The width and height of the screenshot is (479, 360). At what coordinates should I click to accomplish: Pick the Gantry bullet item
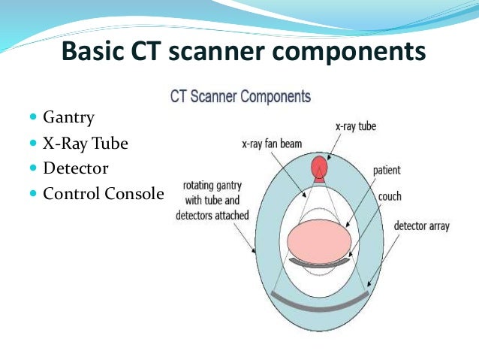tap(70, 118)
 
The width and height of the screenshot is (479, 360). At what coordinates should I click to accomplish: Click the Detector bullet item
tap(76, 168)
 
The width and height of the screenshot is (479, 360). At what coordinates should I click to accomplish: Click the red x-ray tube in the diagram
tap(321, 168)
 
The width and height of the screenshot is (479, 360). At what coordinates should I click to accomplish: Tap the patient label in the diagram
tap(387, 171)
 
